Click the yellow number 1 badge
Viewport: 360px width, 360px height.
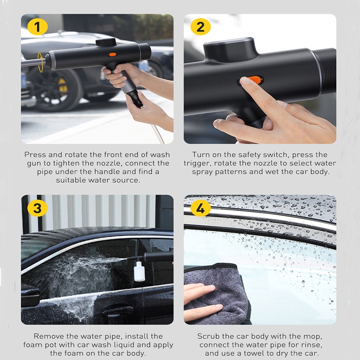coord(37,27)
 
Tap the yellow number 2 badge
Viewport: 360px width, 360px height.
coord(200,27)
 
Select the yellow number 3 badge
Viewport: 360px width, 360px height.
coord(37,208)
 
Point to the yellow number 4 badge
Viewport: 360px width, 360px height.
coord(200,208)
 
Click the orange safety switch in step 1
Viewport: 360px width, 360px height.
coord(112,54)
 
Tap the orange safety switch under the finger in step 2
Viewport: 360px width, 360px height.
coord(255,80)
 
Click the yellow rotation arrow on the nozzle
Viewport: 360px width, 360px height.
coord(40,62)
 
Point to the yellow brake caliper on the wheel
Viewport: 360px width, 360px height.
coord(63,86)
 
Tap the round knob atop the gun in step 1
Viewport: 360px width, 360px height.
coord(106,42)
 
